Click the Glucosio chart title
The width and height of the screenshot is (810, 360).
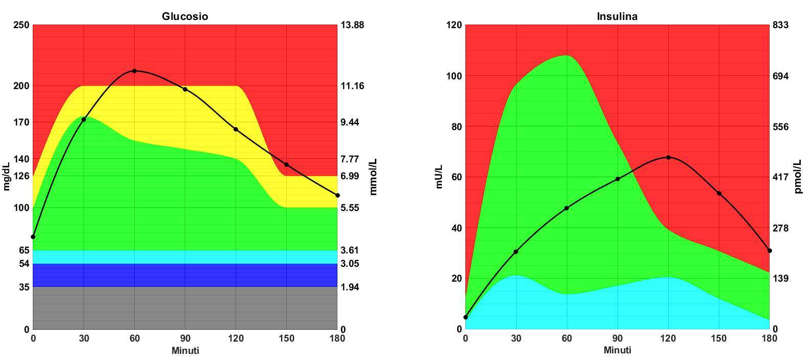point(185,16)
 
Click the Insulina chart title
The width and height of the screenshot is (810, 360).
point(617,16)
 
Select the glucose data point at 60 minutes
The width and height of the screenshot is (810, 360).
point(134,71)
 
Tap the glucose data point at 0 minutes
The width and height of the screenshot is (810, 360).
point(33,237)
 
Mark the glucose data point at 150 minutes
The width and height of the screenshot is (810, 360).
point(286,164)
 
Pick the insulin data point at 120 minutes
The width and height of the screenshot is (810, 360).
point(668,157)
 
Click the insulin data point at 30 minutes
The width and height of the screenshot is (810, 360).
point(516,251)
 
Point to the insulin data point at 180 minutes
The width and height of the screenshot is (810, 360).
point(770,250)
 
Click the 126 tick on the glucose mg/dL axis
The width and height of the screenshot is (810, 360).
point(22,176)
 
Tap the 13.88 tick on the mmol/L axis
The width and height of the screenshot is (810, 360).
point(352,25)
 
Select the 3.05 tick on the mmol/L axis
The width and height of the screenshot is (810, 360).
point(350,264)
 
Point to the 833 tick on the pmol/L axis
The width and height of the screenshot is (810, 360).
point(781,25)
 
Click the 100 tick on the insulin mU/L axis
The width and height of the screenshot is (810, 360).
point(454,76)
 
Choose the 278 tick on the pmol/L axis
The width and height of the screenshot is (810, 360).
point(781,228)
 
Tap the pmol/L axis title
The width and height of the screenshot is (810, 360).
point(798,177)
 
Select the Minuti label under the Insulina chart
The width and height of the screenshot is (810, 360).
point(617,350)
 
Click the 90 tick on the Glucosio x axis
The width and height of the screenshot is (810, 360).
point(185,338)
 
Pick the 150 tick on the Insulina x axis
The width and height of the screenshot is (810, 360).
point(719,338)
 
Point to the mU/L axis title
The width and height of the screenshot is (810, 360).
point(439,177)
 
